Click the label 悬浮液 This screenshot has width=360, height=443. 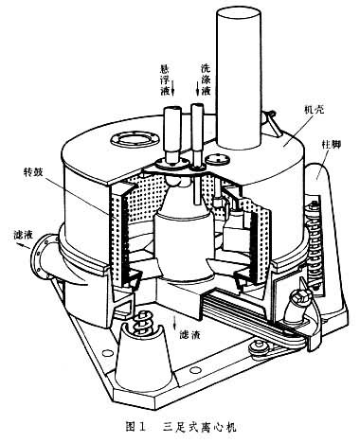tap(165, 80)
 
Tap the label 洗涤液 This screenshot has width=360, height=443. tap(206, 80)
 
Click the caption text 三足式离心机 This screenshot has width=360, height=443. tap(200, 427)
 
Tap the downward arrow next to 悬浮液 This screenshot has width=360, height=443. tap(173, 87)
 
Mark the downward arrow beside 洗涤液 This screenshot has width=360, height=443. tap(198, 88)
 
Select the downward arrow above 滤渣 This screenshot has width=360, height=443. tap(175, 322)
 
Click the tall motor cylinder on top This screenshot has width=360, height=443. tap(239, 78)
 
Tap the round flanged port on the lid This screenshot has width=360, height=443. tap(134, 139)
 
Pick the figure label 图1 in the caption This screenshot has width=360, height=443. tap(135, 427)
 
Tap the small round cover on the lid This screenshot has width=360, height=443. tap(219, 159)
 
